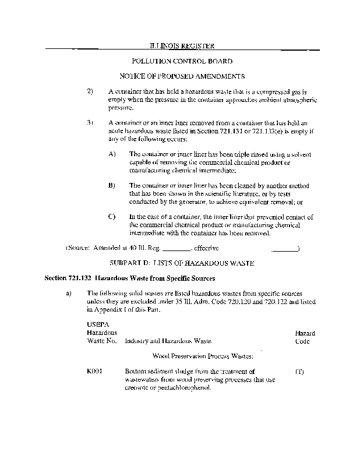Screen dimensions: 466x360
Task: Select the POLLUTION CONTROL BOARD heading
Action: tap(182, 61)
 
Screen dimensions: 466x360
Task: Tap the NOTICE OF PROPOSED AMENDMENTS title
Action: tap(182, 76)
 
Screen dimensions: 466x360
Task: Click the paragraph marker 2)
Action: tap(90, 92)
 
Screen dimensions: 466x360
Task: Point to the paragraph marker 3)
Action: tap(90, 123)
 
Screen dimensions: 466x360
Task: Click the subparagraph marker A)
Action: tap(112, 154)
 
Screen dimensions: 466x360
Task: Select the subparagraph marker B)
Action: tap(112, 185)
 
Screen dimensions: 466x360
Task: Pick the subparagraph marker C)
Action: tap(112, 217)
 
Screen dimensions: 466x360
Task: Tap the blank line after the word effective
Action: tap(284, 249)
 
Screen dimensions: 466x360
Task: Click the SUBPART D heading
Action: tap(182, 263)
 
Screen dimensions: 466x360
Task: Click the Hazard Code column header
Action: tap(305, 337)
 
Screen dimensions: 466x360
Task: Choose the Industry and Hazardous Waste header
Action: tap(168, 341)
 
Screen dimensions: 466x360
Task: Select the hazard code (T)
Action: tap(299, 371)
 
